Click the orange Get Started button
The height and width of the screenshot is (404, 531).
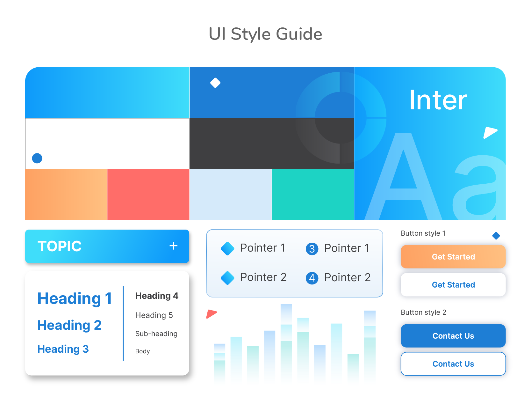pos(453,256)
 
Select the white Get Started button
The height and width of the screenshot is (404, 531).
pos(453,284)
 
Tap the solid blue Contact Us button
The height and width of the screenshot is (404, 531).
pos(453,335)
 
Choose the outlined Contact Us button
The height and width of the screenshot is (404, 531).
pos(453,364)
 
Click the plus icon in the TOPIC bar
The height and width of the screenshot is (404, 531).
pos(173,246)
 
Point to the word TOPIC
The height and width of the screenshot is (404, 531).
pos(60,246)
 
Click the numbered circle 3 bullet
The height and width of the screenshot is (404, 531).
pos(312,249)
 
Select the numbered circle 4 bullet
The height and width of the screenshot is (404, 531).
pos(312,278)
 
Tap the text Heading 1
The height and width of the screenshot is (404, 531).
pos(75,298)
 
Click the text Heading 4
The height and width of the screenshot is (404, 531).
pos(157,296)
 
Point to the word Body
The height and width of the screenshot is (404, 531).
pos(142,351)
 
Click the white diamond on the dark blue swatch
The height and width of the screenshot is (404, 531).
pos(215,83)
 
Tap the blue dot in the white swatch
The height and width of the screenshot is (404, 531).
pos(37,158)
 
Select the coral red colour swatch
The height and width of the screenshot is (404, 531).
pos(148,195)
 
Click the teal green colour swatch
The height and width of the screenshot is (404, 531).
pos(312,195)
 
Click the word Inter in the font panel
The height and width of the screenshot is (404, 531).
pos(438,100)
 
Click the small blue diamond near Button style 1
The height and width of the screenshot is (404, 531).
pos(496,235)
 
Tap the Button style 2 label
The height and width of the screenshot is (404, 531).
pos(423,312)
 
